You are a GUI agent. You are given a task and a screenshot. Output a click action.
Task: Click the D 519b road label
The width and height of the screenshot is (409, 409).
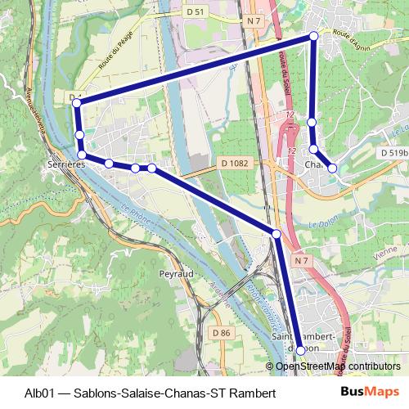coord(393,152)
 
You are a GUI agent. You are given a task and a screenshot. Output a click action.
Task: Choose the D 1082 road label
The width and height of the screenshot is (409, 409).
coord(234,164)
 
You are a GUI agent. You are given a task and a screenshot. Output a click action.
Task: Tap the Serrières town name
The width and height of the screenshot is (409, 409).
coord(67,164)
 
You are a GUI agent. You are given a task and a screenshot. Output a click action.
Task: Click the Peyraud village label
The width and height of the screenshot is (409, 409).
coord(177,273)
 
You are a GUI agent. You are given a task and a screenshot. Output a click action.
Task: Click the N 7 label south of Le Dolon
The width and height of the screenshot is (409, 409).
coord(302,261)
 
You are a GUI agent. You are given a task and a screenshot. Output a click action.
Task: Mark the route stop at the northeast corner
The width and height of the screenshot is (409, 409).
coord(314,36)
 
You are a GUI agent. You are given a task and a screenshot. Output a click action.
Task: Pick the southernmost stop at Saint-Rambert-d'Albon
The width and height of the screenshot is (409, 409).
coord(300,350)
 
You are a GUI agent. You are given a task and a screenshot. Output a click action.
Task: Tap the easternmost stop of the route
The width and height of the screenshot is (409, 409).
coord(332,168)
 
